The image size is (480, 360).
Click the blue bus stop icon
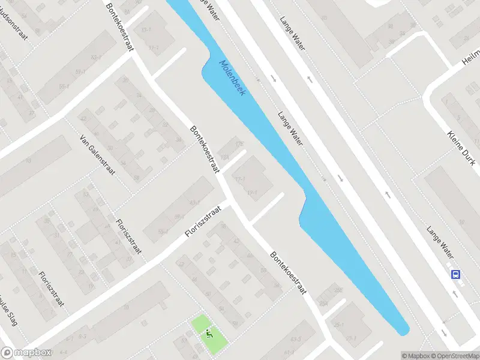(x=456, y=274)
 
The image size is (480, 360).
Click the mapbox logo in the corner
(x=26, y=353)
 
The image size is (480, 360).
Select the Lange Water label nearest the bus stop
(x=440, y=237)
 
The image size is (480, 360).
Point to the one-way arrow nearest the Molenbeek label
(x=273, y=78)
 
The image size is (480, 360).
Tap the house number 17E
(x=240, y=144)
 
